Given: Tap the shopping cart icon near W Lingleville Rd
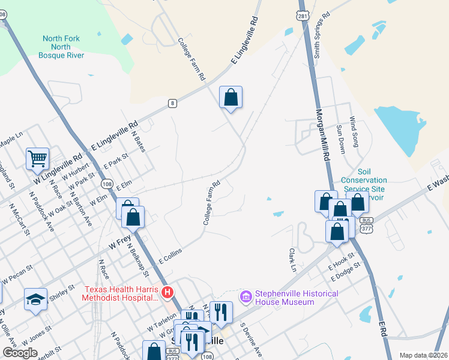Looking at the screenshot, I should click(37, 159).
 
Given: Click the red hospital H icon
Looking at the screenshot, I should click(168, 292).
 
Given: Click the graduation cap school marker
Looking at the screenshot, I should click(35, 299).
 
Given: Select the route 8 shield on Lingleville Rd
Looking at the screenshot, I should click(173, 103).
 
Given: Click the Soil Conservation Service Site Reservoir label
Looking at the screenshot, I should click(364, 184).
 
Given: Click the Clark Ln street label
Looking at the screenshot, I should click(293, 259).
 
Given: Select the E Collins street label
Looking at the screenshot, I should click(170, 257).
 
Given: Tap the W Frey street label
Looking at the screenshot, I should click(119, 242).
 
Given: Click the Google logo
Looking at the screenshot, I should click(20, 353).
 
